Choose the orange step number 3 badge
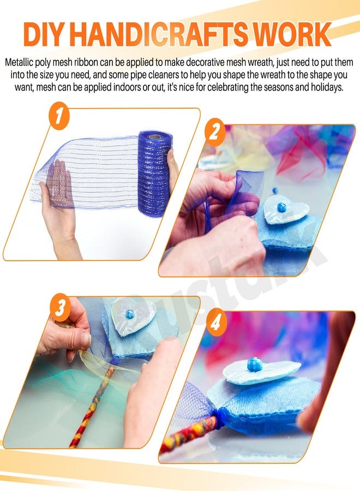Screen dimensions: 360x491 coord(60,308)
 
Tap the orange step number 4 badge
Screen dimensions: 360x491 coord(215,322)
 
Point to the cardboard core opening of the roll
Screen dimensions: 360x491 coord(154,136)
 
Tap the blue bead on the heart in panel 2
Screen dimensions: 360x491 coord(280,207)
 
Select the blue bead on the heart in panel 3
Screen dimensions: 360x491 coord(130,314)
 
